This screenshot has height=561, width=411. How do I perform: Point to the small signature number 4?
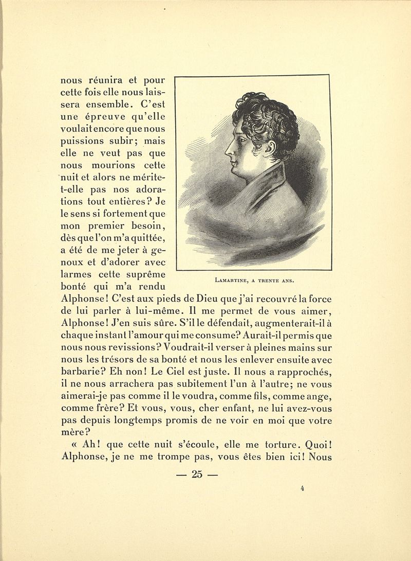click(303, 489)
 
